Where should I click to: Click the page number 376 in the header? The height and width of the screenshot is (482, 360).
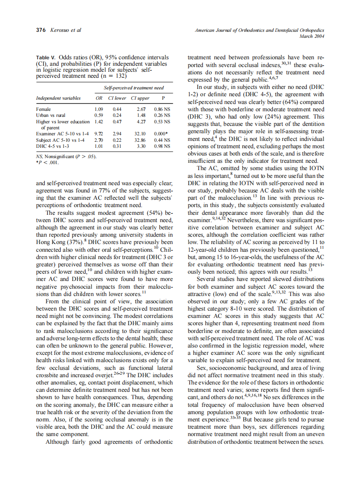(40, 30)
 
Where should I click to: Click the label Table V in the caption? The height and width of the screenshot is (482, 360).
(46, 58)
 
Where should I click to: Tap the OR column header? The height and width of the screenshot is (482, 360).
(98, 98)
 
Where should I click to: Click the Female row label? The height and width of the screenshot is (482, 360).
(44, 110)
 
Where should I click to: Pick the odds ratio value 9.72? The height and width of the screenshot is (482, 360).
(98, 134)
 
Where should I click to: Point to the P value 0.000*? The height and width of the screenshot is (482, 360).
(162, 134)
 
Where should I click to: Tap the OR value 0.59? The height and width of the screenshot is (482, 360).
(98, 116)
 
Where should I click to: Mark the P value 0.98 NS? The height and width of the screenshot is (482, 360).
(162, 146)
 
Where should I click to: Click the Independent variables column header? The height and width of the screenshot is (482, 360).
(58, 98)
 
